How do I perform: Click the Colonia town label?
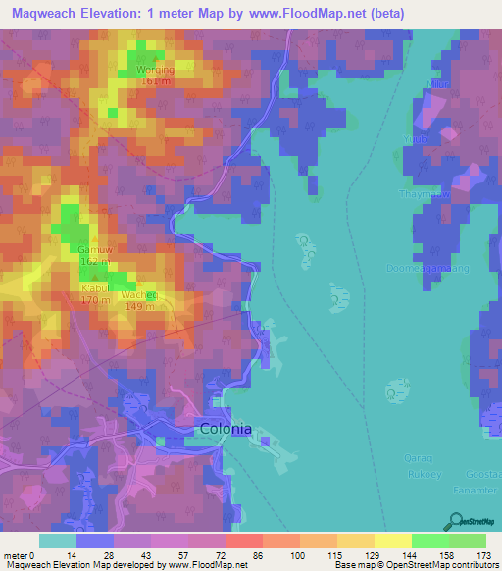226,429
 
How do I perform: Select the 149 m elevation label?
141,306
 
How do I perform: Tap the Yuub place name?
414,139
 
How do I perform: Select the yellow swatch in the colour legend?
393,541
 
